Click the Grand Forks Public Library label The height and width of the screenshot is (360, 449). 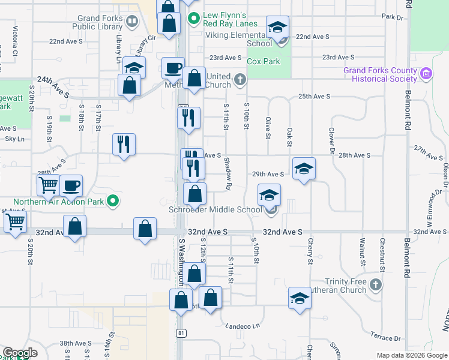click(97, 22)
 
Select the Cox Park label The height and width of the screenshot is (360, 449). click(263, 61)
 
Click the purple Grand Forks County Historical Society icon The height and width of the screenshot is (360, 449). click(427, 74)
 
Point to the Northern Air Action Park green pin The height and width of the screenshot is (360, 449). click(112, 202)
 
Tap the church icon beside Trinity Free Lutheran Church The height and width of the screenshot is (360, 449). click(376, 284)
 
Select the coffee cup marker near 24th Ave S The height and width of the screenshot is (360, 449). click(173, 68)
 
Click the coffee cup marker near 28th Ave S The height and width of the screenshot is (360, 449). click(71, 185)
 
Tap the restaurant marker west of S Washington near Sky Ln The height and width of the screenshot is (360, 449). click(124, 144)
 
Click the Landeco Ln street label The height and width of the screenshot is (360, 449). click(243, 326)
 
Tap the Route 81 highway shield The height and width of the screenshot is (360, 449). click(181, 332)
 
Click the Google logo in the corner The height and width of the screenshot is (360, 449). click(20, 353)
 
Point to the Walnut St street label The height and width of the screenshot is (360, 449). click(362, 251)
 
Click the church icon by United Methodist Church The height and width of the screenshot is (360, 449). click(240, 79)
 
